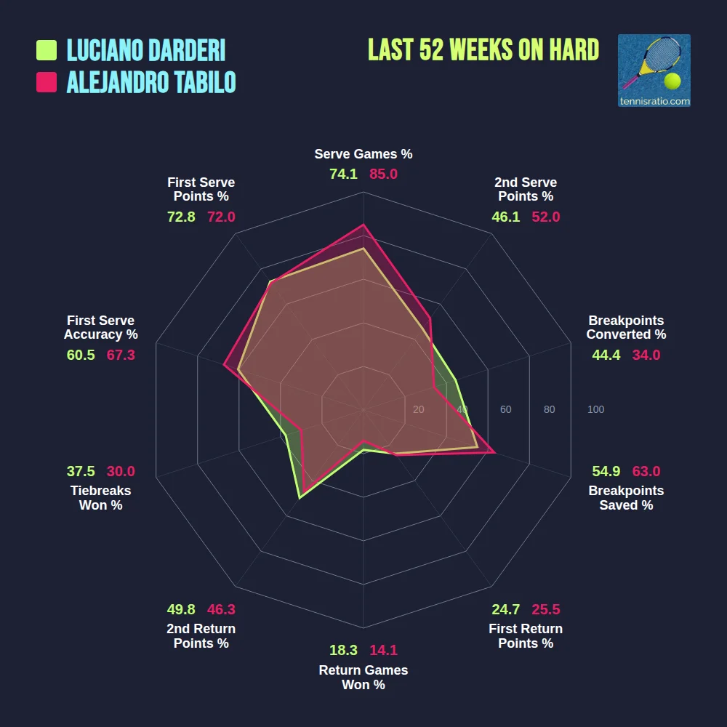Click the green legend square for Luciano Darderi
click(47, 50)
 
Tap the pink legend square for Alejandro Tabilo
click(47, 82)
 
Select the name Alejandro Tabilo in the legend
click(151, 82)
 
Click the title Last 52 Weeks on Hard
click(483, 50)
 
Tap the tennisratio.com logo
click(654, 71)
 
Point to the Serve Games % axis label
click(363, 154)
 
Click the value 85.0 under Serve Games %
click(383, 174)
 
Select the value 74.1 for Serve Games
click(343, 174)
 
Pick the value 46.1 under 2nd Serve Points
click(506, 217)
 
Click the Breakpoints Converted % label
click(626, 327)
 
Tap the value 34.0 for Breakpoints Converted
click(646, 355)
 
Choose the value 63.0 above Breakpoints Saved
click(646, 471)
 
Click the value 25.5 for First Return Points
click(545, 609)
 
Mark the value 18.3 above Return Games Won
click(343, 651)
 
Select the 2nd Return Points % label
click(201, 636)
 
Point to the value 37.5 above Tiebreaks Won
click(81, 471)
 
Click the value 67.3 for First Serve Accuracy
click(121, 355)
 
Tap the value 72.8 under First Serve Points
click(181, 217)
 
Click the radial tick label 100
click(595, 410)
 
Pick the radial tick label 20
click(418, 410)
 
